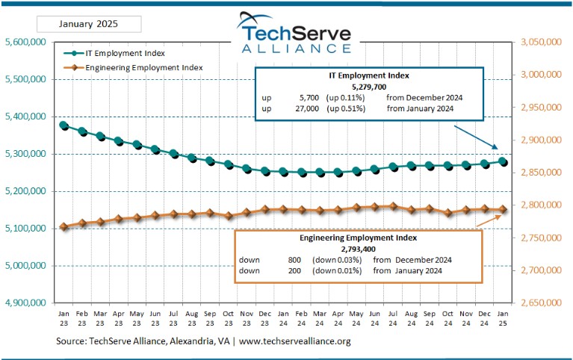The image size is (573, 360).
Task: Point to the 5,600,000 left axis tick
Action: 25,43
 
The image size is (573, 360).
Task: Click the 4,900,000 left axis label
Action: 25,303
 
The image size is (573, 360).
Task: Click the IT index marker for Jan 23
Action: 64,125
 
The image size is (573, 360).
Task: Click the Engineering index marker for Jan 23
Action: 64,226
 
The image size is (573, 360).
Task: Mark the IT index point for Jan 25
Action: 504,161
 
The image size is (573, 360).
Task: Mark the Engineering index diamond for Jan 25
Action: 504,210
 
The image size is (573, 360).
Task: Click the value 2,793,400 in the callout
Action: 359,248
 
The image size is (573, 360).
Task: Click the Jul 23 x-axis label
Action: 173,318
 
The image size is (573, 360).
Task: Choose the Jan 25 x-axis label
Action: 504,318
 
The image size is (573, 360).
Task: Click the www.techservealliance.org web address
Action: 294,341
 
